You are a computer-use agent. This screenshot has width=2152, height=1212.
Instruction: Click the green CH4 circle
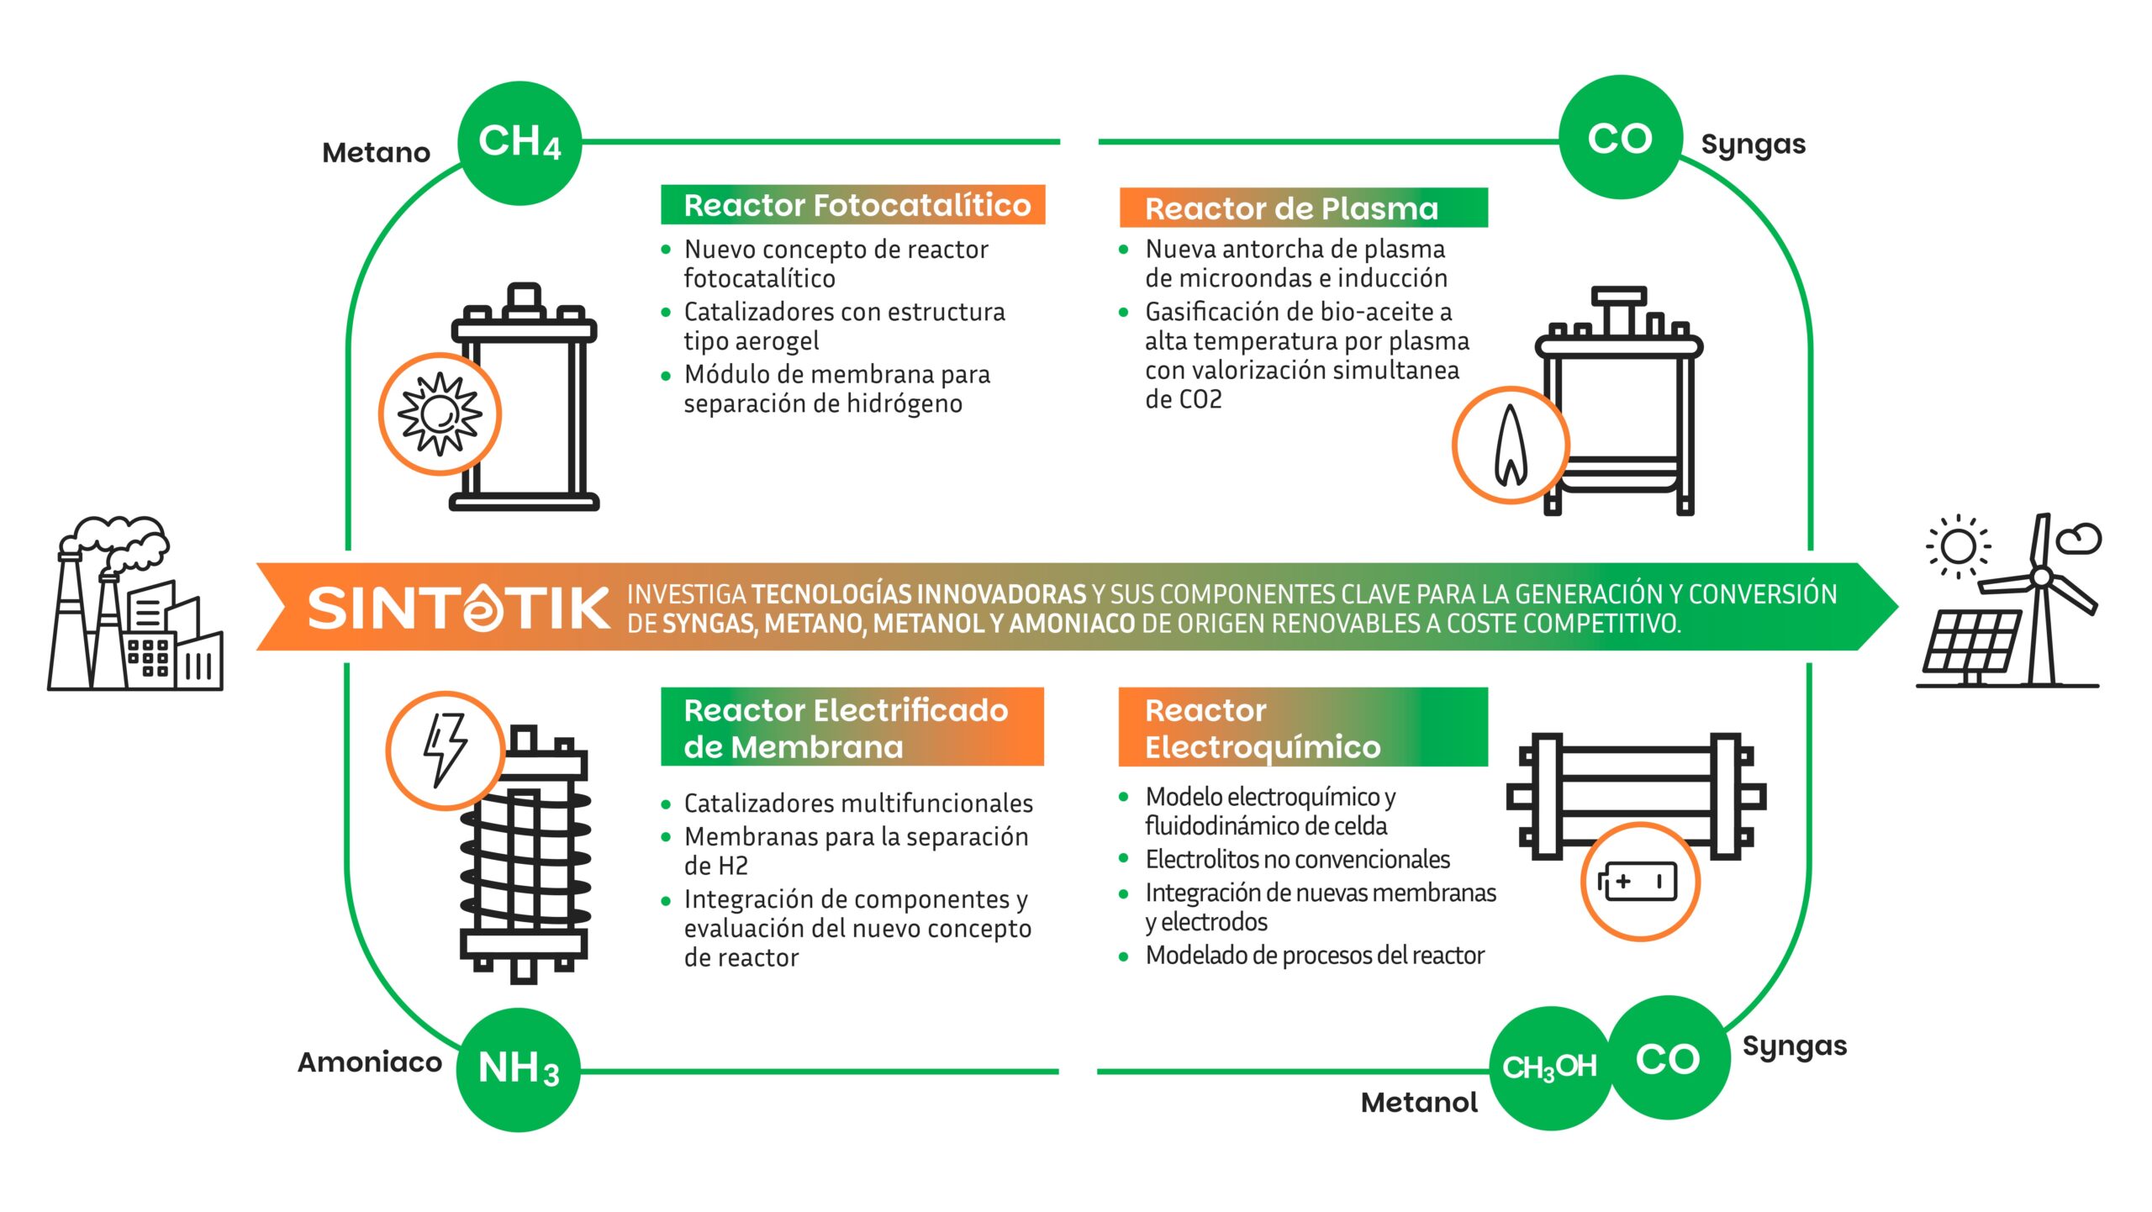tap(520, 142)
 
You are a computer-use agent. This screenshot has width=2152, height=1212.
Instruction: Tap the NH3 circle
tap(518, 1069)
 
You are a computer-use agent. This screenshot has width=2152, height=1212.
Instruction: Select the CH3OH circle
tap(1549, 1067)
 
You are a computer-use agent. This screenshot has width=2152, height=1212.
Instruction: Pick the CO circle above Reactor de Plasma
tap(1620, 138)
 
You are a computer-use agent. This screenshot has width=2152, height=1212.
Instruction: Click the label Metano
tap(376, 153)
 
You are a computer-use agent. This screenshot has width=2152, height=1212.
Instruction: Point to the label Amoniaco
tap(369, 1062)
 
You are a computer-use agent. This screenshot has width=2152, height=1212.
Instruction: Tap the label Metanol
tap(1419, 1103)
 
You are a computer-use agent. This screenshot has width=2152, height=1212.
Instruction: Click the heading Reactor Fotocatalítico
tap(853, 205)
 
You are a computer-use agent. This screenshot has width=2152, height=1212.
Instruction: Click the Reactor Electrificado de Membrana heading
tap(852, 728)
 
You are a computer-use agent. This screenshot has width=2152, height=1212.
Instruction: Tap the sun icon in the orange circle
tap(440, 414)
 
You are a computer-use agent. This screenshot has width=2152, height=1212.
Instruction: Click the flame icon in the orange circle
tap(1511, 445)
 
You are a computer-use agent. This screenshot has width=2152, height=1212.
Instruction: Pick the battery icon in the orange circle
tap(1639, 882)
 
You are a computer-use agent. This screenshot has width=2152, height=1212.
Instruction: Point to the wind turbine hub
tap(2041, 577)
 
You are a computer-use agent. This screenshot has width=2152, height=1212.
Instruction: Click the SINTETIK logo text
tap(458, 608)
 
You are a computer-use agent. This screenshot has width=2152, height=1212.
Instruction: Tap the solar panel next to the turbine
tap(1971, 644)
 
